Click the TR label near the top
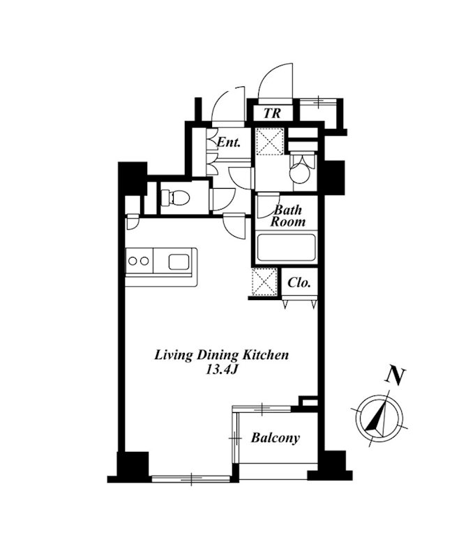coord(272,113)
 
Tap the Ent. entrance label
coord(229,143)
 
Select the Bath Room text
coord(287,216)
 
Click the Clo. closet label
coord(299,283)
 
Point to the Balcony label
coord(276,438)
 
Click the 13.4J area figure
coord(221,370)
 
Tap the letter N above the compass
coord(395,376)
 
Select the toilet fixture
coord(174,198)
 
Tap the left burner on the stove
coord(133,261)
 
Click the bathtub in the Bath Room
coord(287,248)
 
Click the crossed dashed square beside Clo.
coord(264,282)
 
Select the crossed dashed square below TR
coord(271,141)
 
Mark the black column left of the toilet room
coord(133,178)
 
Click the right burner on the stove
coord(144,261)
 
